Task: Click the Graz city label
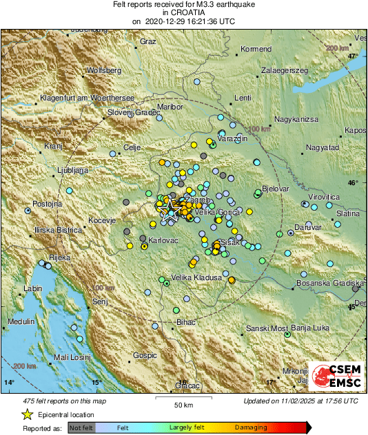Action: point(147,41)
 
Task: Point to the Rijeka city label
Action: point(55,259)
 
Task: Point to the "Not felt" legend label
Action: point(81,427)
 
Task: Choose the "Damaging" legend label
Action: point(251,427)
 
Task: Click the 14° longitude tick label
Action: point(9,382)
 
